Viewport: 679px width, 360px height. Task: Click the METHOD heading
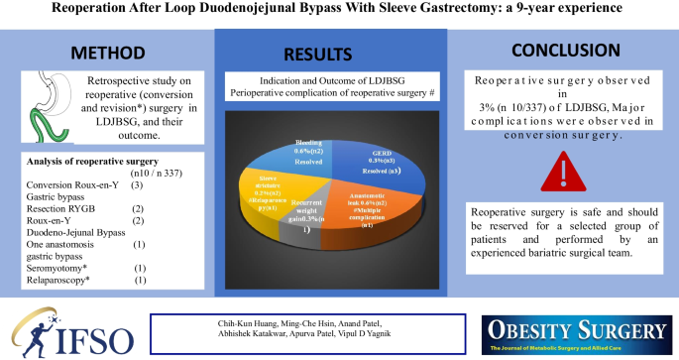pyautogui.click(x=106, y=51)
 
